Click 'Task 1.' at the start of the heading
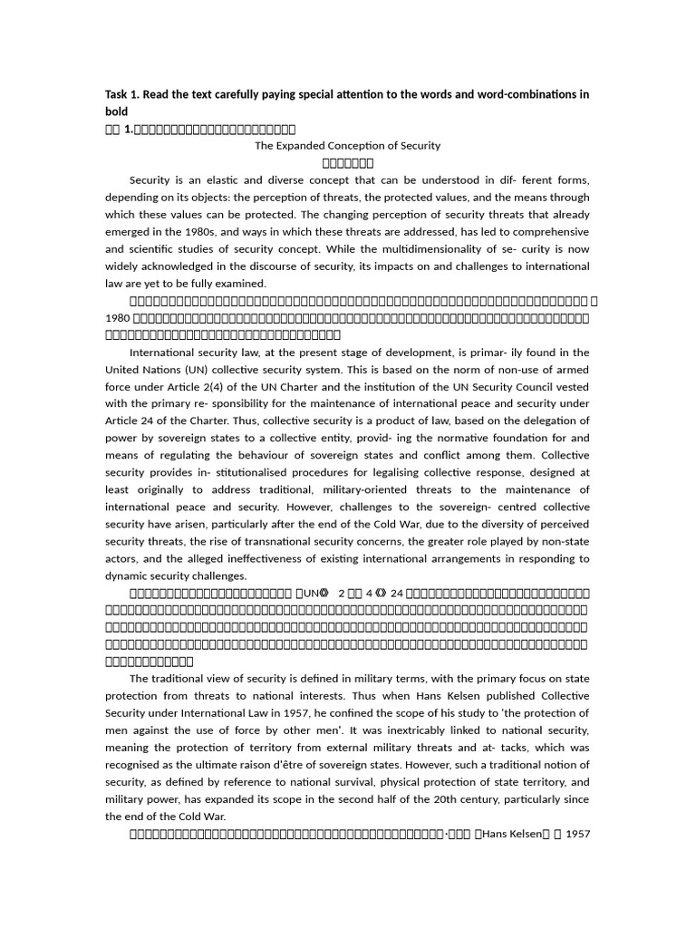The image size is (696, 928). [x=124, y=94]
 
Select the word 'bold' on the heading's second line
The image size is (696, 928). [x=117, y=111]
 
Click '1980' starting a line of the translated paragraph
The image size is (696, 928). [x=118, y=318]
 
